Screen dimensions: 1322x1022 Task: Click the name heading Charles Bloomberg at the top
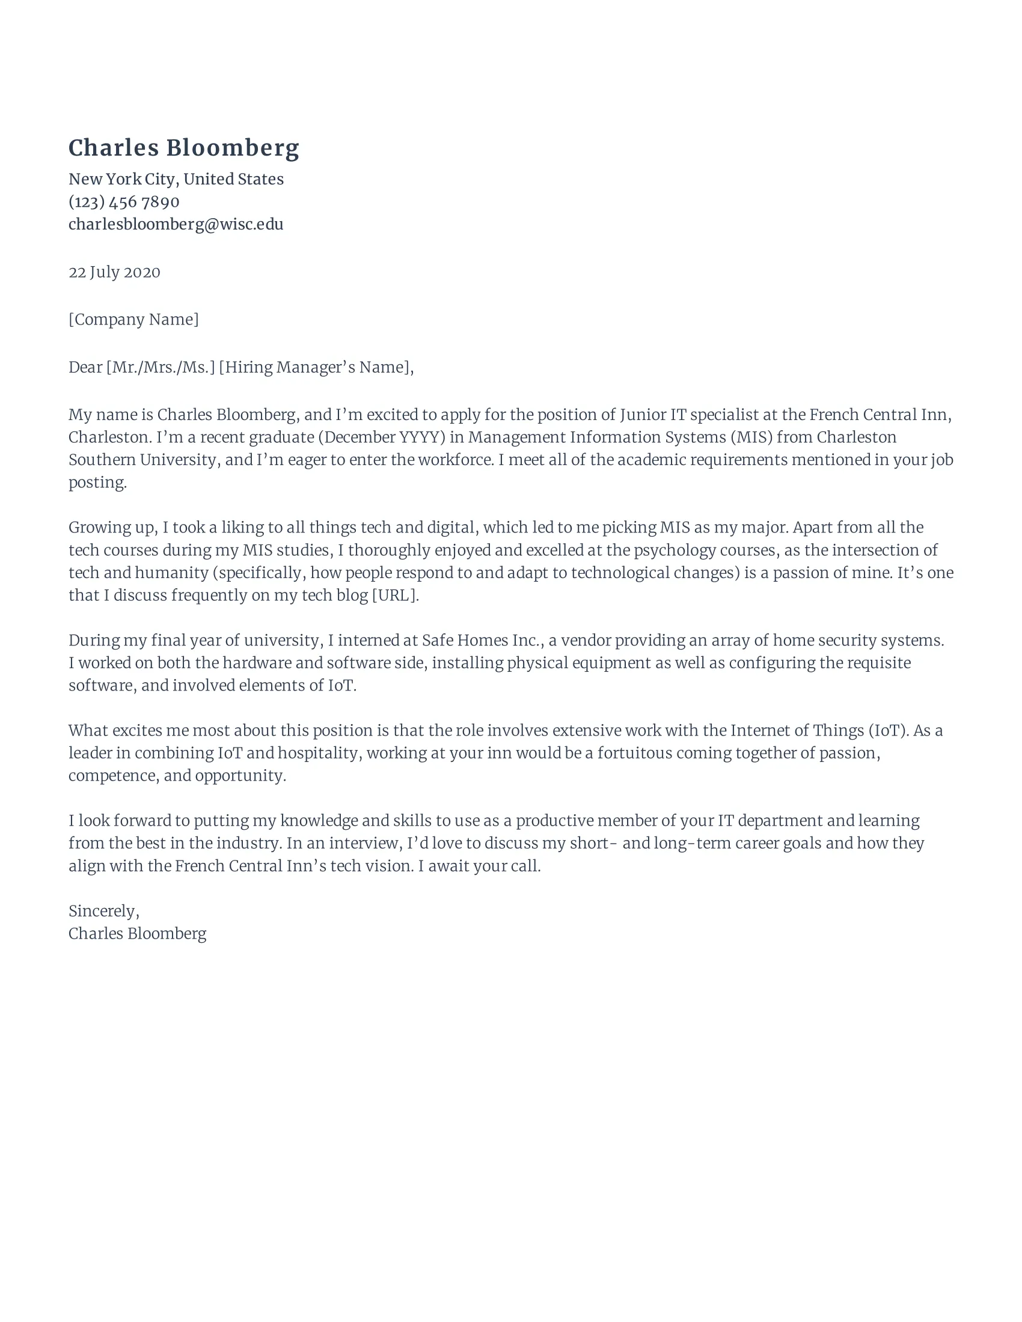click(x=183, y=148)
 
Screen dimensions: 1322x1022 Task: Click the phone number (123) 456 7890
click(x=123, y=201)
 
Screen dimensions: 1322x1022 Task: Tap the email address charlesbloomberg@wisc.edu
click(x=176, y=224)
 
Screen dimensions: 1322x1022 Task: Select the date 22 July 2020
click(x=114, y=272)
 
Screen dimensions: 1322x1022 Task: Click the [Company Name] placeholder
click(x=133, y=319)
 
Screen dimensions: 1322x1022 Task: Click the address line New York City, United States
click(x=176, y=179)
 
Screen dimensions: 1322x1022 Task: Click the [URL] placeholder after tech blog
click(x=394, y=595)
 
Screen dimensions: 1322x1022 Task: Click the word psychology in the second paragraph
click(x=674, y=550)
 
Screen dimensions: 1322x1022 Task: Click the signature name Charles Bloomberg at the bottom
click(x=137, y=933)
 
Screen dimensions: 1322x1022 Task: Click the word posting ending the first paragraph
click(x=97, y=483)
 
